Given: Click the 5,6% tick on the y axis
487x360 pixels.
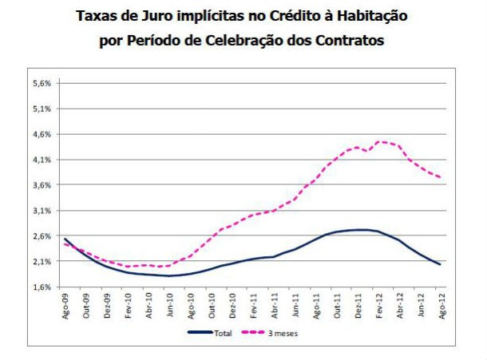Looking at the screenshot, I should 41,83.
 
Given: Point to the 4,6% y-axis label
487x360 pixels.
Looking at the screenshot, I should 41,134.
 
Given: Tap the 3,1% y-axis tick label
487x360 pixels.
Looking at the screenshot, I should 41,211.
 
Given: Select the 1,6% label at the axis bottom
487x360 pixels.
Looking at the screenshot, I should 41,287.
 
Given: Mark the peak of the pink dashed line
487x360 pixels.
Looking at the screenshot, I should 380,141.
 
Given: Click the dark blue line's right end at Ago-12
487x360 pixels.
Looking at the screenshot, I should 440,264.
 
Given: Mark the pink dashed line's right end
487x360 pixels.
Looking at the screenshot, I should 440,177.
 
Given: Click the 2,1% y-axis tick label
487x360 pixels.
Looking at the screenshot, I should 41,261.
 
